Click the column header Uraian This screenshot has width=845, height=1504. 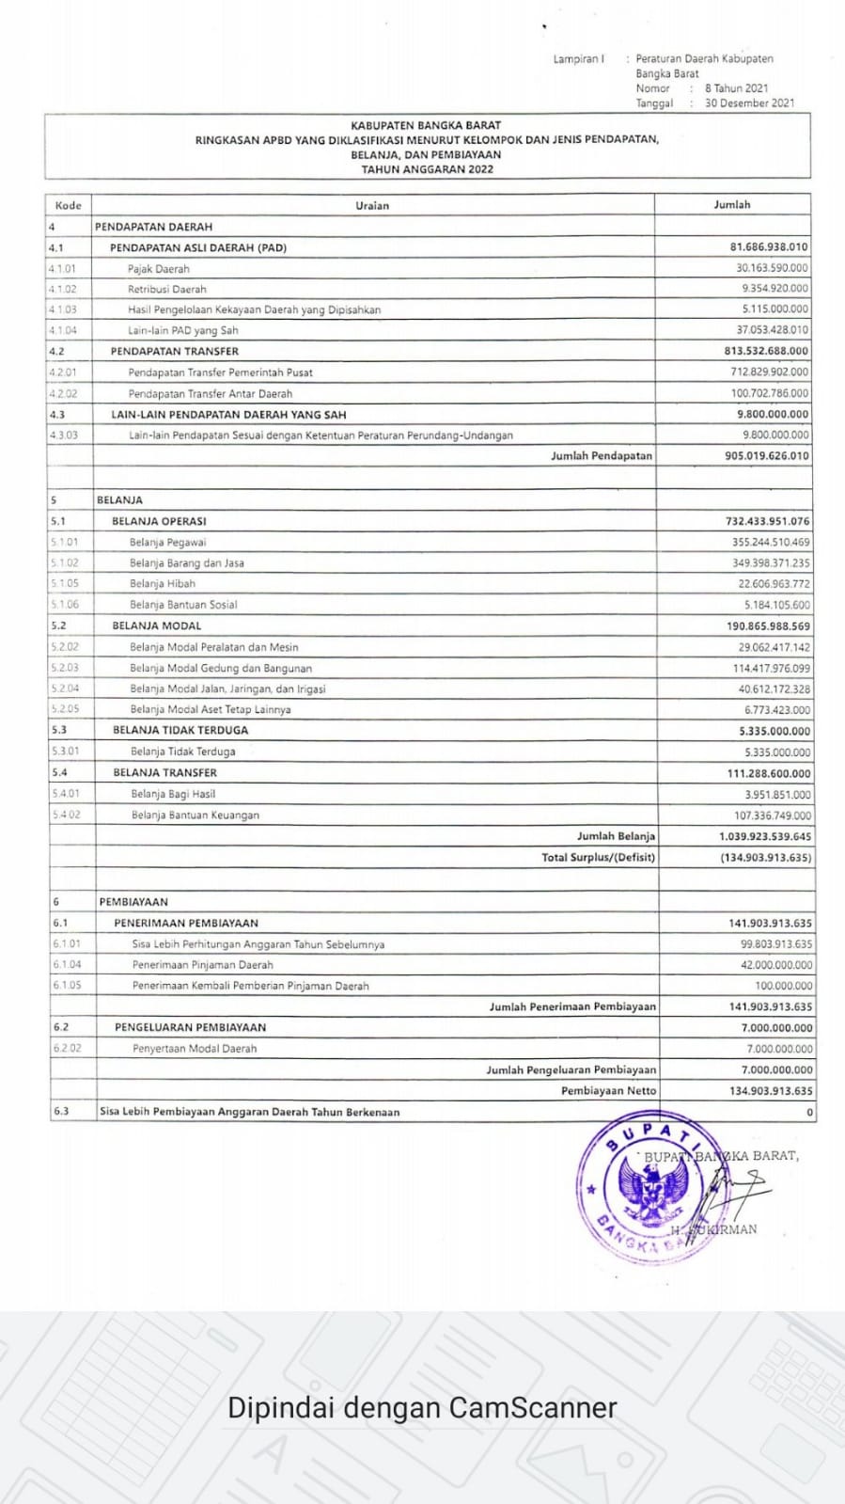372,205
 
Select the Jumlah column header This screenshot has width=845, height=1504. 732,204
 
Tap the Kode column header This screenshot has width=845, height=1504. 69,205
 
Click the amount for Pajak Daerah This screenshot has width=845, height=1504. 772,268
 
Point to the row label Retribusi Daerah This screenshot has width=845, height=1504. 167,289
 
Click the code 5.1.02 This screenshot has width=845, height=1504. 66,562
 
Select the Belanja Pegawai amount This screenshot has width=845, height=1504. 771,542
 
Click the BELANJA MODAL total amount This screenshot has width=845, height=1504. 768,626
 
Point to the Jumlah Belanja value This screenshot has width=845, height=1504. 765,836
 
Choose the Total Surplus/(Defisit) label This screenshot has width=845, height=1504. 598,857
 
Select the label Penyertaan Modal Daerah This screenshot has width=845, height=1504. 195,1048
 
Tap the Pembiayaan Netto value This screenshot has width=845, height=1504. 771,1091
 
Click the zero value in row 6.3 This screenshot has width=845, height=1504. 809,1112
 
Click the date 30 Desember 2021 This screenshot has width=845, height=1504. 749,103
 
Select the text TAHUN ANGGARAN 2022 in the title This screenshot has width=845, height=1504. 427,169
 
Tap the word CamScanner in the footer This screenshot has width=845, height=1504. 533,1408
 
